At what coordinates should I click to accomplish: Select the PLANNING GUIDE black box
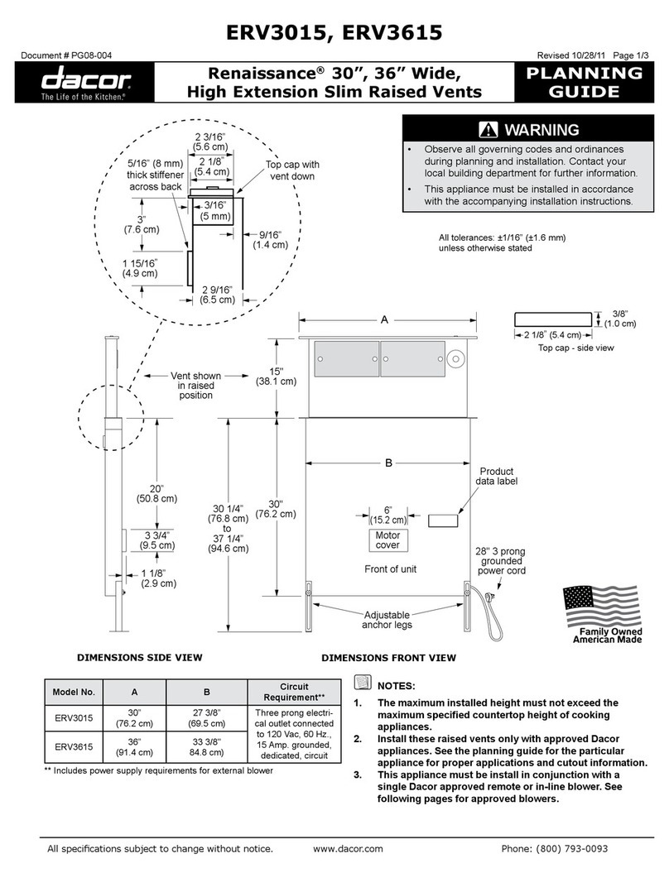[585, 82]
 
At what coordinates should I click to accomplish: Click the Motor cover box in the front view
[387, 540]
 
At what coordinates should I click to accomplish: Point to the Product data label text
[497, 477]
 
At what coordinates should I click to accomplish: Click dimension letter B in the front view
[387, 463]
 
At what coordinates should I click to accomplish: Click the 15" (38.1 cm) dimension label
[276, 376]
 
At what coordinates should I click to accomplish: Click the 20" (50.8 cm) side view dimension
[156, 493]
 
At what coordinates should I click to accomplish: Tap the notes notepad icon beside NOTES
[361, 683]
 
